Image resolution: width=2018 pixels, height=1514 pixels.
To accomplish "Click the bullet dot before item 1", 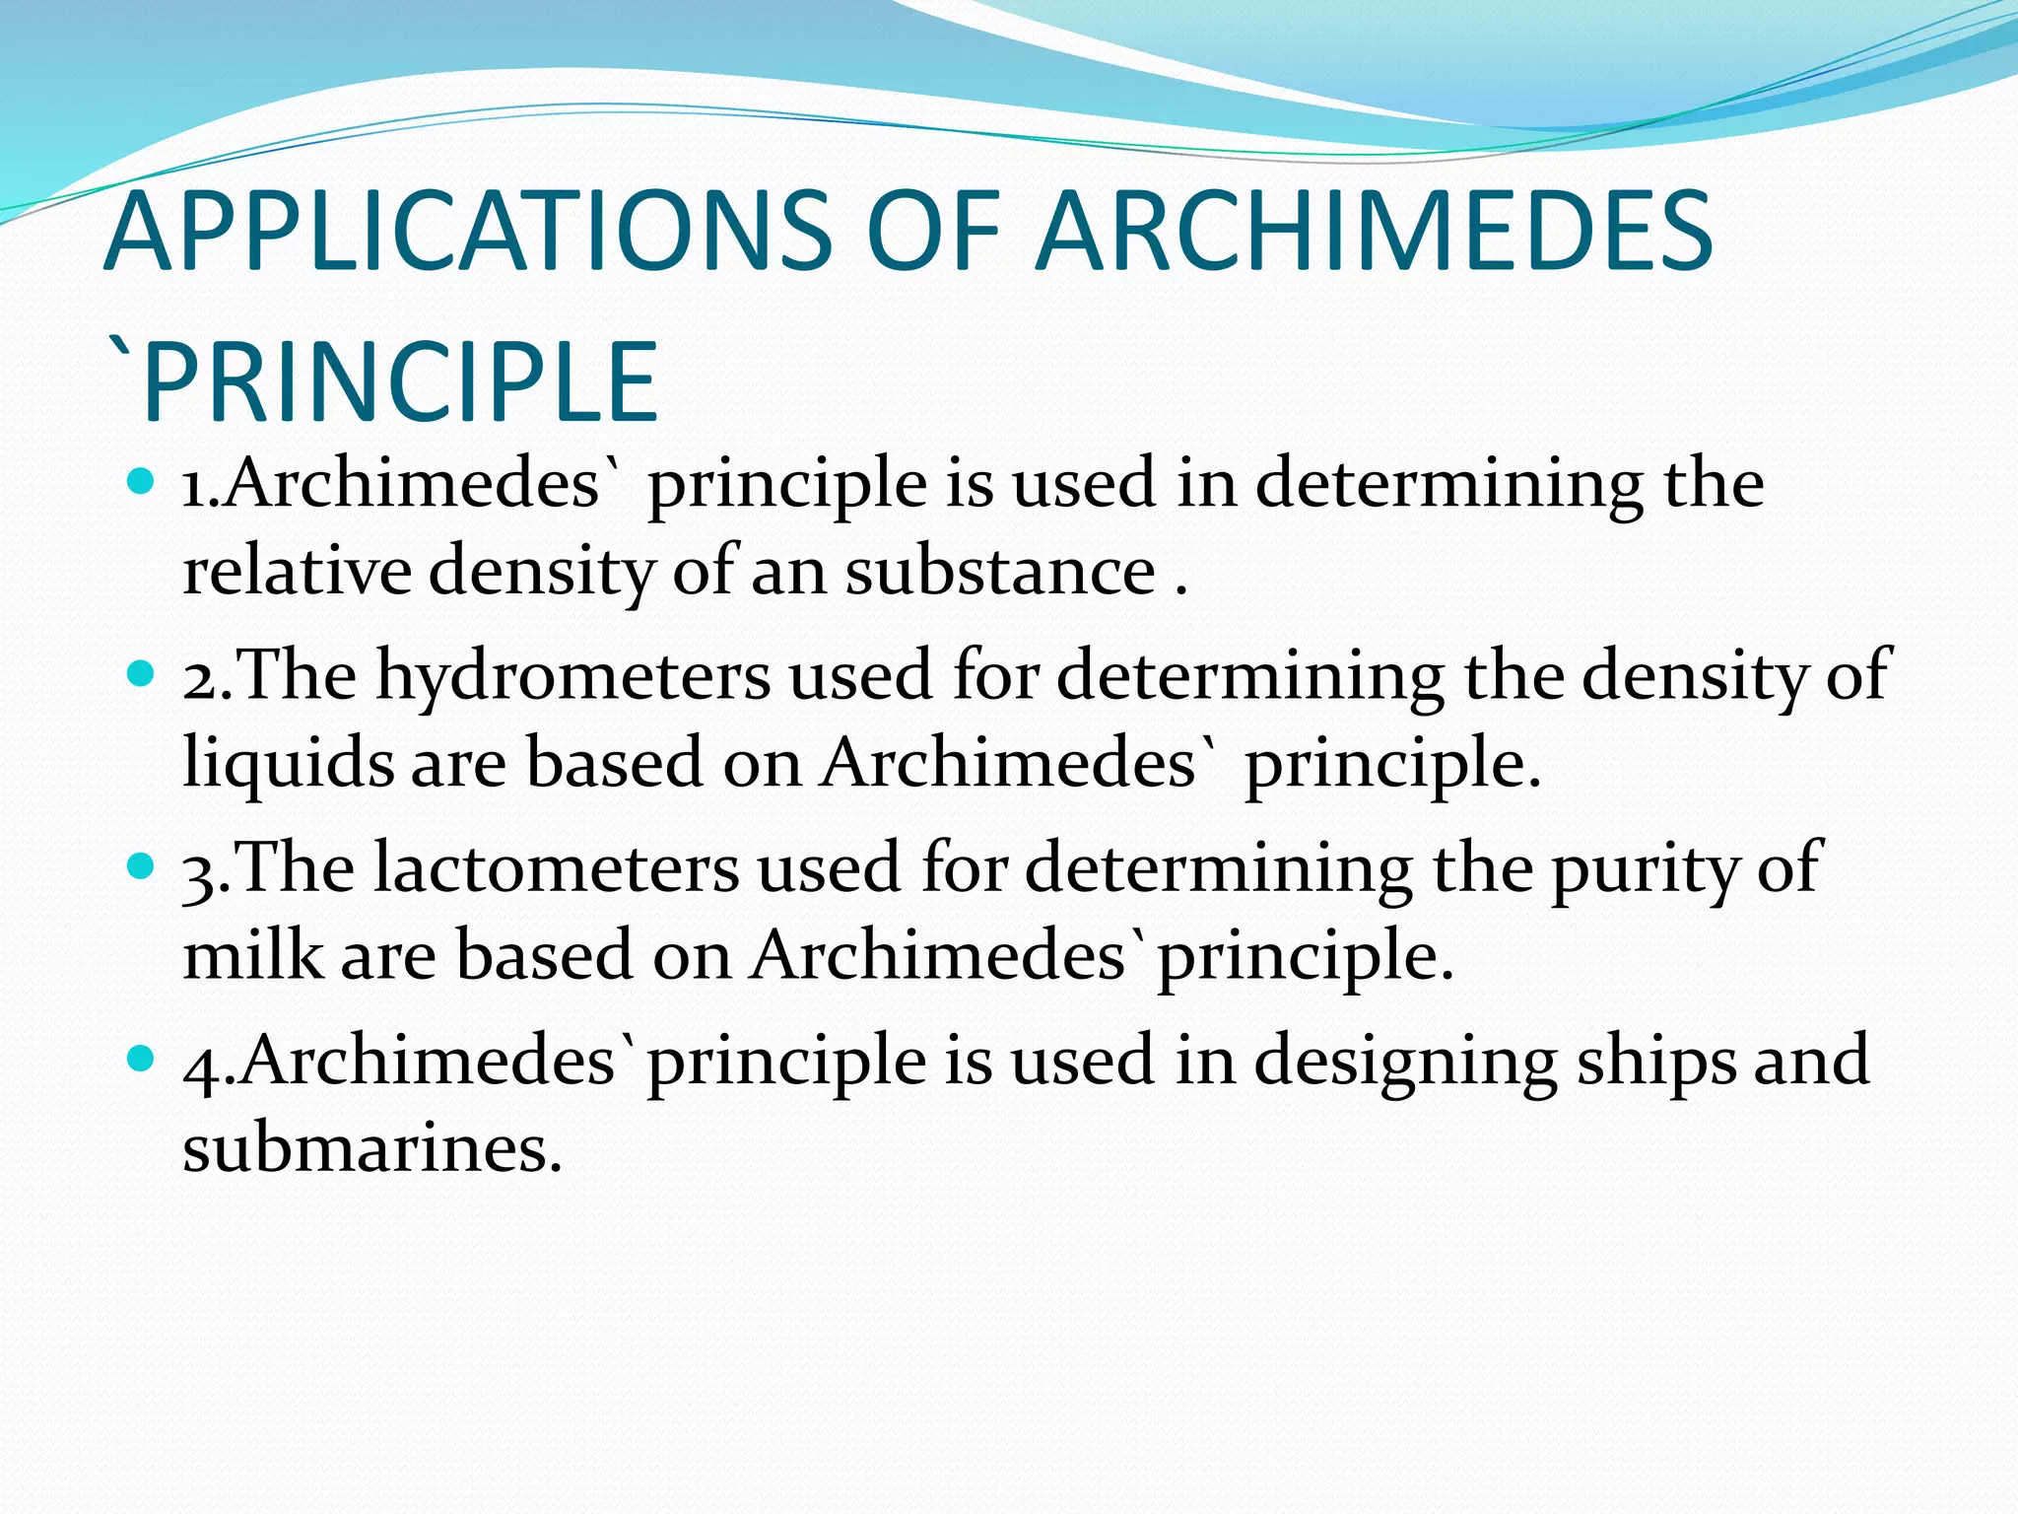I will point(143,482).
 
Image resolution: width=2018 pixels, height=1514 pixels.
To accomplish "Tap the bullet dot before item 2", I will point(143,674).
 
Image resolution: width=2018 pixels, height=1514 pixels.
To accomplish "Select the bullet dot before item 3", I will point(143,866).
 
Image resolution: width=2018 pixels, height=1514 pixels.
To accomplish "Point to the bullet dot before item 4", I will point(143,1059).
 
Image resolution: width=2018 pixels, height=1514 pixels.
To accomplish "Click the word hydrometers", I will point(572,676).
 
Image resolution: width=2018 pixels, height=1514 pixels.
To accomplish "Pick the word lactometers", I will point(556,868).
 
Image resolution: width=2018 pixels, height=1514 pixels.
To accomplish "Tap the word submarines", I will point(371,1147).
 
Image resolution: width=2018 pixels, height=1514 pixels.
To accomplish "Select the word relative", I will point(297,571).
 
